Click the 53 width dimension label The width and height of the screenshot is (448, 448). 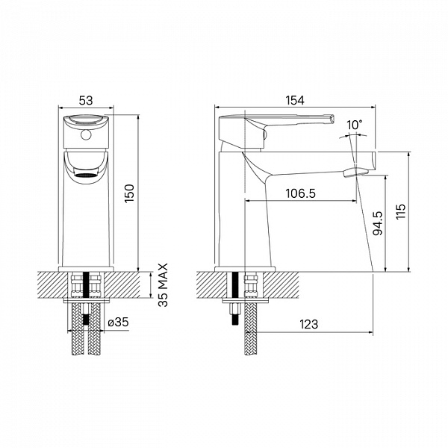(x=86, y=101)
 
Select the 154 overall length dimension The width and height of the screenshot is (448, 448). (x=295, y=101)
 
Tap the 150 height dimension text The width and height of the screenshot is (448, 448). (x=129, y=193)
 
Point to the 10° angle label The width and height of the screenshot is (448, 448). (x=354, y=125)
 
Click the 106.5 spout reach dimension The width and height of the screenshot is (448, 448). (x=301, y=193)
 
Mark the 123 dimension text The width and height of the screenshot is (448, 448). (x=308, y=324)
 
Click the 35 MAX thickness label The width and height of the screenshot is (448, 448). (x=163, y=285)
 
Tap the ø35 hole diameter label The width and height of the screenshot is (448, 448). (x=118, y=323)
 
